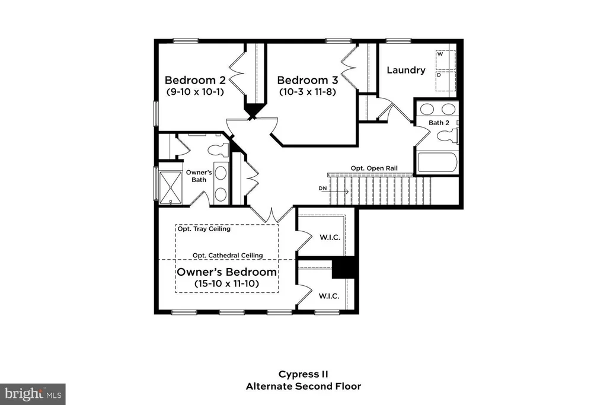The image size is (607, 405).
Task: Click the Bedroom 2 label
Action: pos(195,80)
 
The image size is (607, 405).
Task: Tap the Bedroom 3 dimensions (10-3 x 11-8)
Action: pos(308,92)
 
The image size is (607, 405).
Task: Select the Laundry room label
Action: pos(406,70)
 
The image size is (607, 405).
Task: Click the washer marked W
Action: pos(446,60)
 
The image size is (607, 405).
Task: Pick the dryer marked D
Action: pos(446,81)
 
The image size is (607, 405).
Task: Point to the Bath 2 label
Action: pos(439,123)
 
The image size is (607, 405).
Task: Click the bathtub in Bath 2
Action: pos(437,162)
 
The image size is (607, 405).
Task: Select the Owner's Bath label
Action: pos(199,176)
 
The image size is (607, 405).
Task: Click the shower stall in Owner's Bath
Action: pos(170,187)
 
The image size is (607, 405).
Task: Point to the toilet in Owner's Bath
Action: pos(218,149)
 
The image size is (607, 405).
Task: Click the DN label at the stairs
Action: pos(323,188)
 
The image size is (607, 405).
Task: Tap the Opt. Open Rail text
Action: pos(375,168)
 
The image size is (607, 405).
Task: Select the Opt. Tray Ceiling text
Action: pos(204,229)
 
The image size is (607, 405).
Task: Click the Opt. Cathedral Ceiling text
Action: pos(228,256)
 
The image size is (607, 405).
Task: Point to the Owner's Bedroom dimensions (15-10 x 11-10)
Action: pos(227,283)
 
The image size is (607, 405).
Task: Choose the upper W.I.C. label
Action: pos(330,237)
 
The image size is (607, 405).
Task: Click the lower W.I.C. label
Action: pos(329,296)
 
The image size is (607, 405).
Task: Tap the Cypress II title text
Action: pos(303,374)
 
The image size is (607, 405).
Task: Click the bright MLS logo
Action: pos(33,394)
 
